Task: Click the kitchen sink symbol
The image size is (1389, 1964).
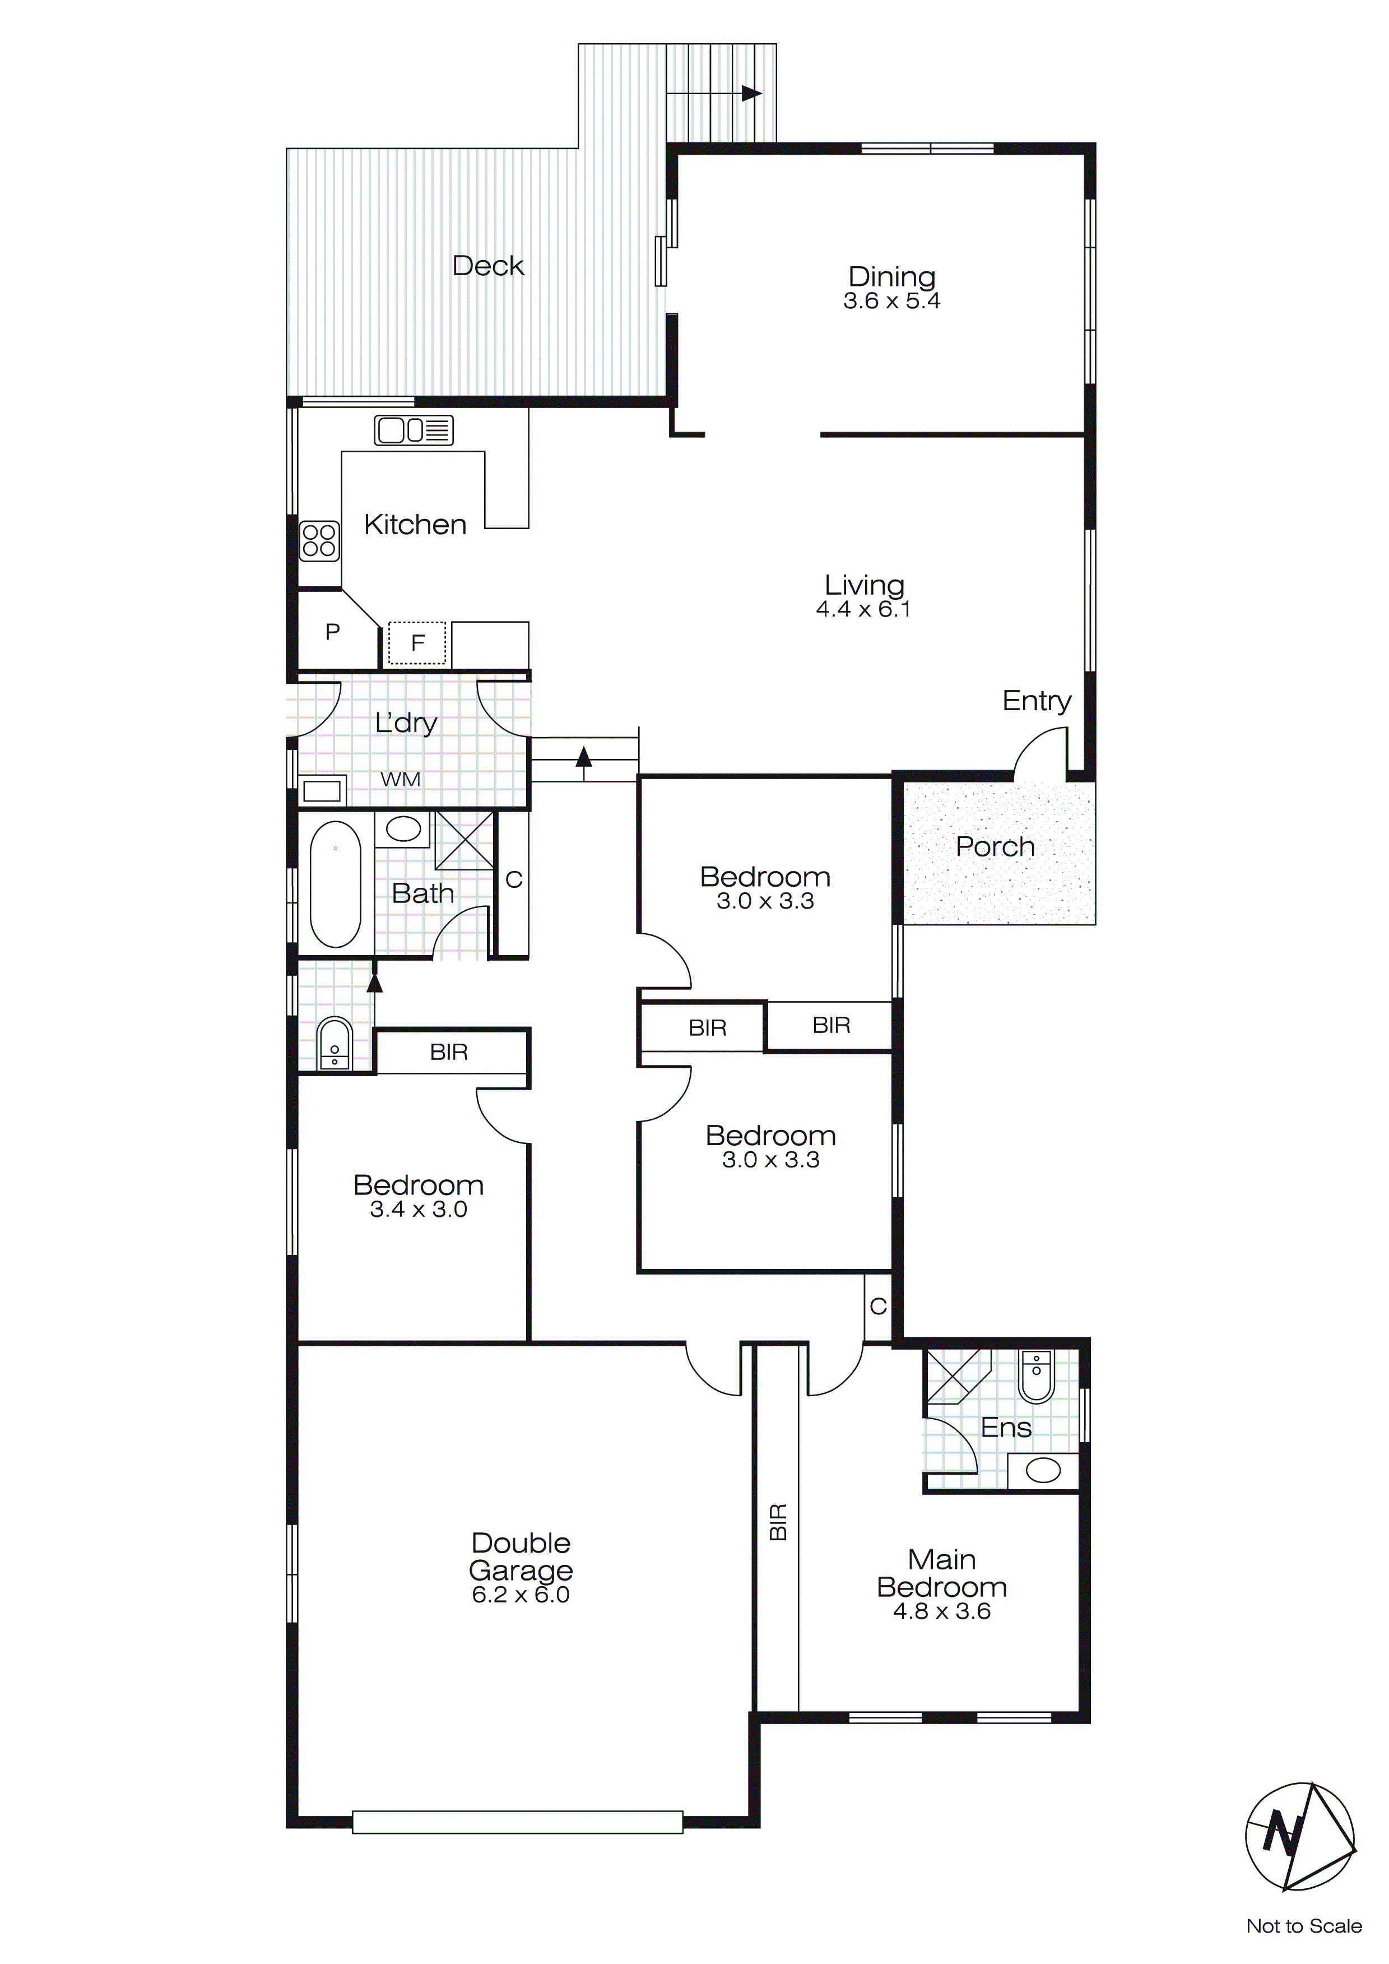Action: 413,430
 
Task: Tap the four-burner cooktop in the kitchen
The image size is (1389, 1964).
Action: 319,541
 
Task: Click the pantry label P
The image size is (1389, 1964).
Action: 333,632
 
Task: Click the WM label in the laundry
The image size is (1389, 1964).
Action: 400,779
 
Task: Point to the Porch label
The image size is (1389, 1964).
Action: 995,847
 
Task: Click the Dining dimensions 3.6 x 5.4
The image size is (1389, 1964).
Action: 891,301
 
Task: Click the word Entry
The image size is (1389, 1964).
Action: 1037,701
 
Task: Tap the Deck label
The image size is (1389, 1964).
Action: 487,266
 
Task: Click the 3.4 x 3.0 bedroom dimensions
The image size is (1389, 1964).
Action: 418,1210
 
